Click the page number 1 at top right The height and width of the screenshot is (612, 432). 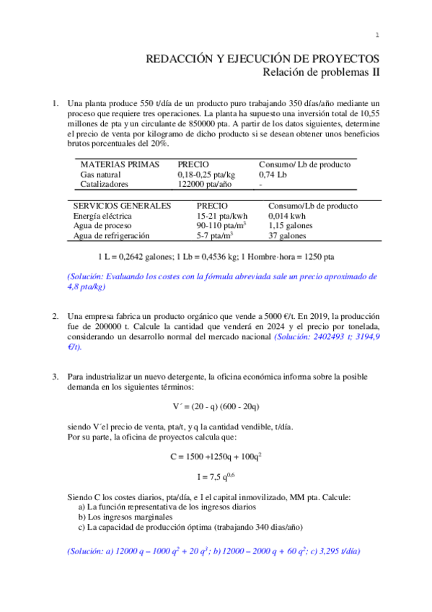pyautogui.click(x=377, y=35)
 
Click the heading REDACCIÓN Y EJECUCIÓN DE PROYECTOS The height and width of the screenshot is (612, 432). pyautogui.click(x=263, y=58)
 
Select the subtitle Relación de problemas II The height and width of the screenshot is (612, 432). pyautogui.click(x=320, y=71)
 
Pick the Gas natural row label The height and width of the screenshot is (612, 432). pyautogui.click(x=101, y=175)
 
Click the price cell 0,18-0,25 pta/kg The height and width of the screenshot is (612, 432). pyautogui.click(x=206, y=175)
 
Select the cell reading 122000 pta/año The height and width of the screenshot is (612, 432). pyautogui.click(x=204, y=184)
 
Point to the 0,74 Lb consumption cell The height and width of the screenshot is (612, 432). pyautogui.click(x=273, y=175)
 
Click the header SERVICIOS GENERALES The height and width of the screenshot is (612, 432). pyautogui.click(x=123, y=206)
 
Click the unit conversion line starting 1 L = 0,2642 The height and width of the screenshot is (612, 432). pyautogui.click(x=216, y=256)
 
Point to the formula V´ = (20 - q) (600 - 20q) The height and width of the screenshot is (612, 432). pyautogui.click(x=216, y=405)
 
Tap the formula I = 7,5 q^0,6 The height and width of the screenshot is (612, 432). pyautogui.click(x=216, y=476)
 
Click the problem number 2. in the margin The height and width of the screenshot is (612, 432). pyautogui.click(x=55, y=317)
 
